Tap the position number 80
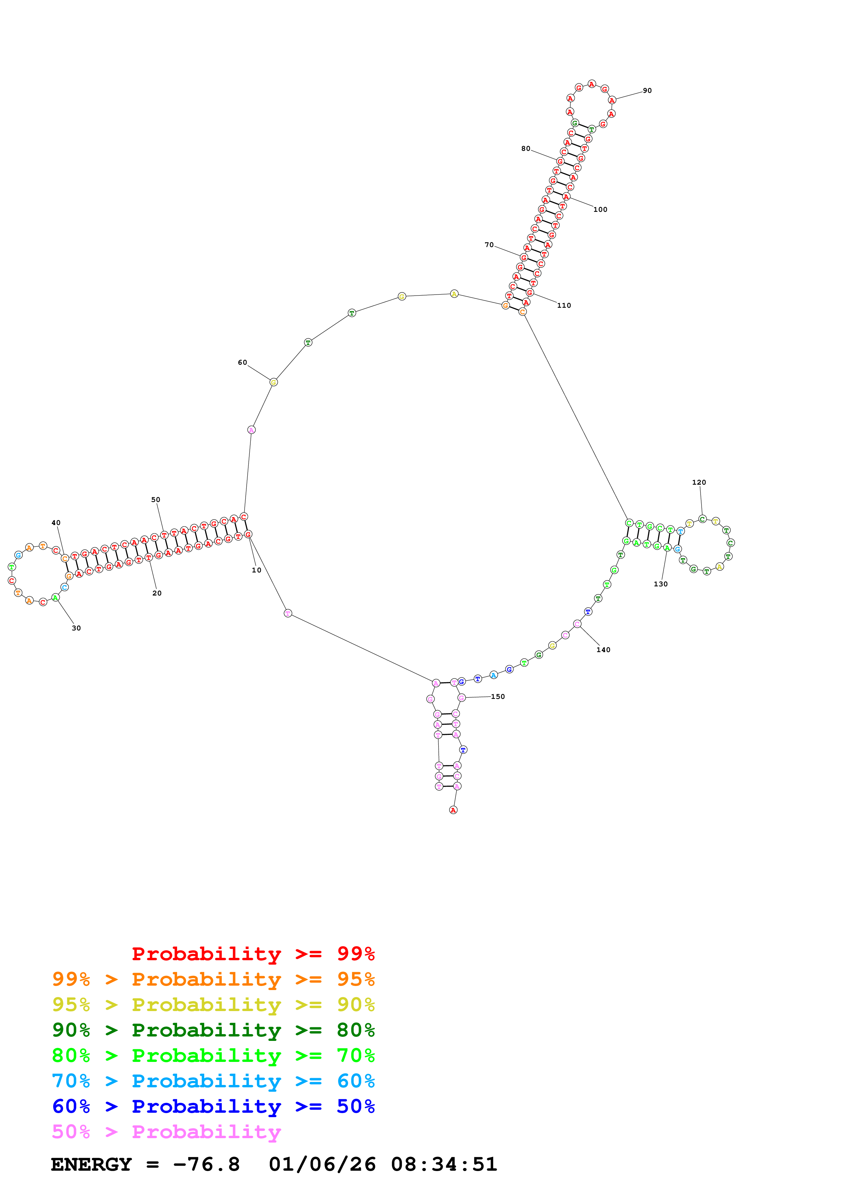[525, 148]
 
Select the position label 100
[600, 210]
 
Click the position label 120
[699, 482]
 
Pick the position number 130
[660, 584]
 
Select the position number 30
[76, 628]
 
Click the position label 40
[56, 523]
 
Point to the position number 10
[256, 570]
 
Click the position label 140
[603, 650]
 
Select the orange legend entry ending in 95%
[213, 979]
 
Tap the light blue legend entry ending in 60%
[213, 1081]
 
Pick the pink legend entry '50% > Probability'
[166, 1131]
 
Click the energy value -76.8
[206, 1164]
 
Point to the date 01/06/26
[322, 1164]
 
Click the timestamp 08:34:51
[444, 1164]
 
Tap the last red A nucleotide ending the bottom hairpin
[453, 810]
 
